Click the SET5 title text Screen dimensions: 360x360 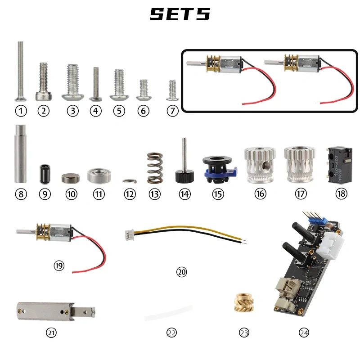pos(180,14)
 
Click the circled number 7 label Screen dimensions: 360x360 pos(172,111)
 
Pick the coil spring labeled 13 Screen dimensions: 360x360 pos(154,169)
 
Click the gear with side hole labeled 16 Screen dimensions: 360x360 pos(260,165)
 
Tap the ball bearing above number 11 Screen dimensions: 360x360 pos(99,175)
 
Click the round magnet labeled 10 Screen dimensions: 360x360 pos(70,177)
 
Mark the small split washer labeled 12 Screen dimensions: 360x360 pos(129,181)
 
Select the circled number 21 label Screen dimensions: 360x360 pos(51,333)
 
